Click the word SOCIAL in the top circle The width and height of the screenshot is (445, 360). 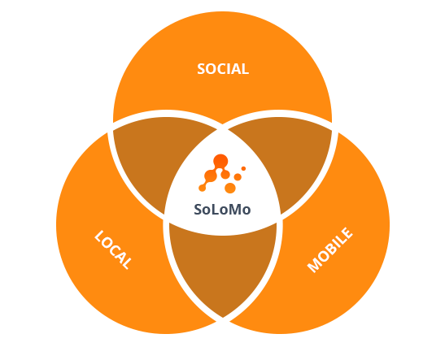coord(223,69)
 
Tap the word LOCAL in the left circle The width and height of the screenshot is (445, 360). coord(113,249)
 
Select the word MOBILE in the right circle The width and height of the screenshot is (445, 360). coord(330,250)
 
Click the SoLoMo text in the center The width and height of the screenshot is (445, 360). coord(222,210)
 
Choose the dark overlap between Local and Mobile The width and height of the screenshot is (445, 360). coord(223,263)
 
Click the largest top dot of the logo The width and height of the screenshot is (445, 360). coord(220,161)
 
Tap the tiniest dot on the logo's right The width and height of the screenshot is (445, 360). coord(243,169)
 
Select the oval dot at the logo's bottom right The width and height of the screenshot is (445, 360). coord(230,188)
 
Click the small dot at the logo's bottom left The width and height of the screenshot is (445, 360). coord(202,188)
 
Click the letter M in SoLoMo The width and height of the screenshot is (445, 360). coord(233,210)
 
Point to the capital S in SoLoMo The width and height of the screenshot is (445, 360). coord(198,210)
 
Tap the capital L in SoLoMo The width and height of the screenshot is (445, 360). coord(215,210)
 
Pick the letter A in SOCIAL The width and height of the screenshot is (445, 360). coord(237,69)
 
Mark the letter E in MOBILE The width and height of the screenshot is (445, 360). coord(347,232)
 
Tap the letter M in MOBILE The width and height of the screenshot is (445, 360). coord(314,266)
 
